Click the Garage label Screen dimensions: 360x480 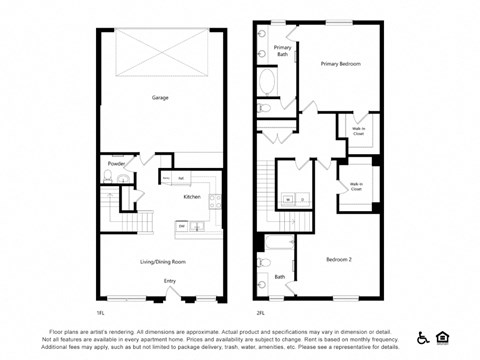point(160,98)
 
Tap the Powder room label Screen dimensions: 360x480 point(116,163)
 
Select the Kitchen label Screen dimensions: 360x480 point(192,197)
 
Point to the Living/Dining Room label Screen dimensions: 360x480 point(162,261)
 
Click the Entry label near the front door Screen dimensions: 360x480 point(170,281)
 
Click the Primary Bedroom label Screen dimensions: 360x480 point(340,64)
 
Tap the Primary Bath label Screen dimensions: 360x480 point(283,50)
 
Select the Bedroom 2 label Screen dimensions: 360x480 point(340,260)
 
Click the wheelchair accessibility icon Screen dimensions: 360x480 point(423,337)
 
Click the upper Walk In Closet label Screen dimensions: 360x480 point(358,130)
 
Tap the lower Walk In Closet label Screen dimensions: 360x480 point(356,187)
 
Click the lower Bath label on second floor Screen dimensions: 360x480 point(280,277)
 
